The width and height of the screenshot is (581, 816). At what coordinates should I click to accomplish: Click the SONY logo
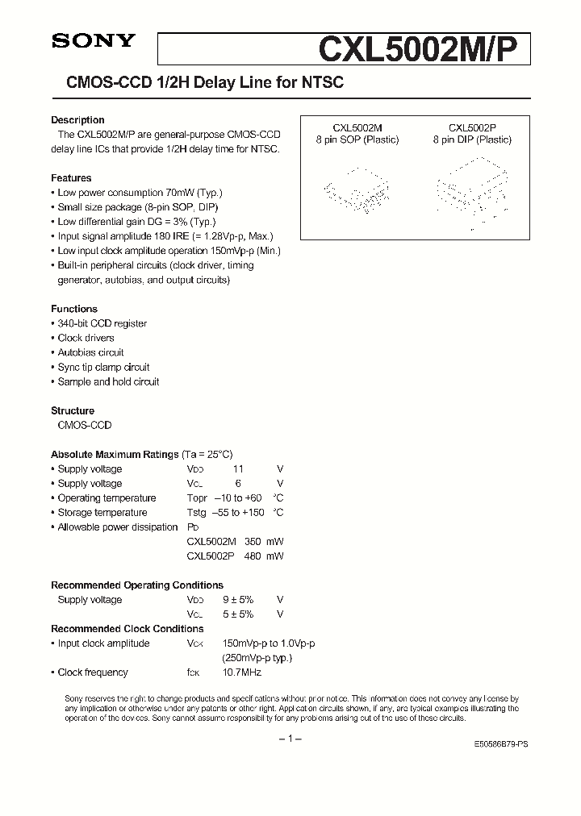[94, 42]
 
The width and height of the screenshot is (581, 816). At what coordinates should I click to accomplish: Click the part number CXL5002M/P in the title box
[423, 50]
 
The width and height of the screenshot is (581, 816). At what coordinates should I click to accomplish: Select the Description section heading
[77, 120]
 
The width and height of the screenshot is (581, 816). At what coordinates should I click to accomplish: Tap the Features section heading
[71, 178]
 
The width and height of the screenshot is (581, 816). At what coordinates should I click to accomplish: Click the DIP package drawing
[472, 190]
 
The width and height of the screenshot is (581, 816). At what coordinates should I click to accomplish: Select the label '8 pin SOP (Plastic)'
[357, 139]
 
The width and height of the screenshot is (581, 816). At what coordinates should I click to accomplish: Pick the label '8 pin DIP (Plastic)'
[472, 139]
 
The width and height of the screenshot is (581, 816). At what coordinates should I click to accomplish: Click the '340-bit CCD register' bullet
[102, 323]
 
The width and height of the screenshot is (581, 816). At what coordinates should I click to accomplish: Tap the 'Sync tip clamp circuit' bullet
[103, 367]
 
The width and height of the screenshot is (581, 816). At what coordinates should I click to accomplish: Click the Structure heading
[73, 410]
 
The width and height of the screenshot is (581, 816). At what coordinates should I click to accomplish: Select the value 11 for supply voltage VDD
[237, 469]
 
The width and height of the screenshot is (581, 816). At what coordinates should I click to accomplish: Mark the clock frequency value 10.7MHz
[242, 672]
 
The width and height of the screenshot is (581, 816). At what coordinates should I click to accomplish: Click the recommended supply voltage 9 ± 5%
[237, 600]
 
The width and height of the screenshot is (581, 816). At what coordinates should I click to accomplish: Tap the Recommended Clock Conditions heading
[127, 629]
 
